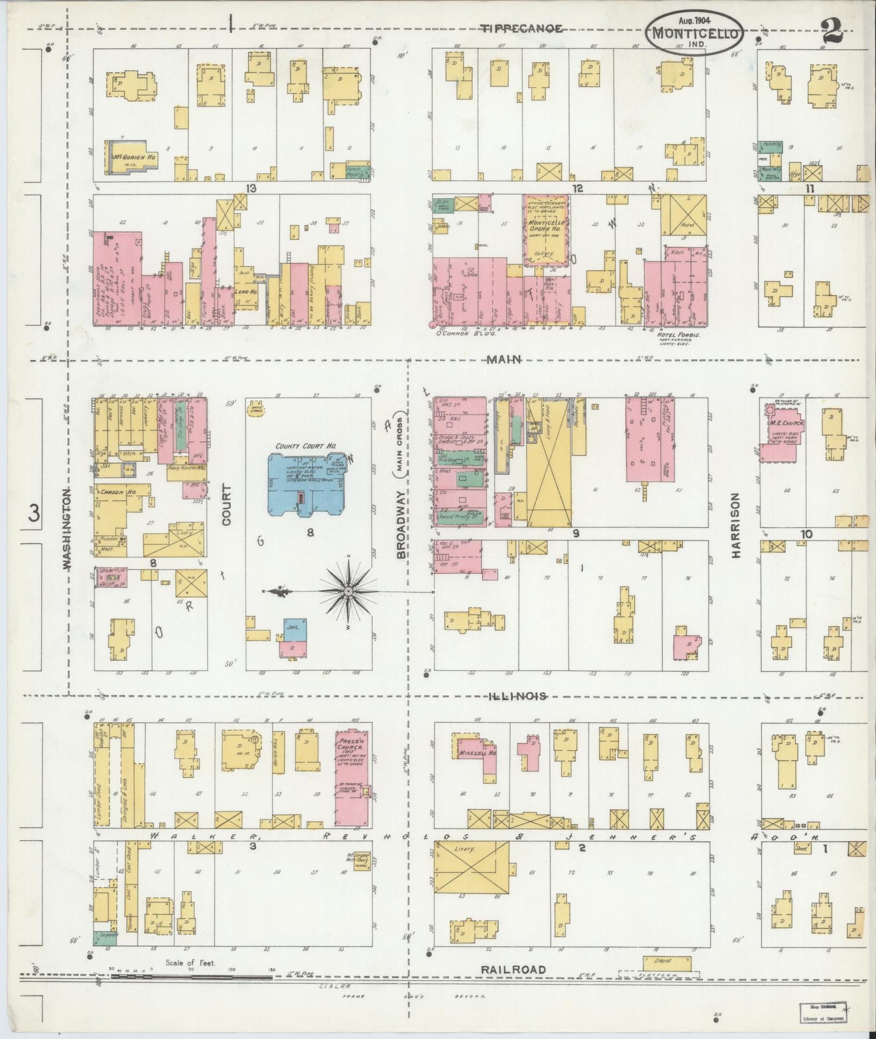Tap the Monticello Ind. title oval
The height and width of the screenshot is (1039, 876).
tap(696, 34)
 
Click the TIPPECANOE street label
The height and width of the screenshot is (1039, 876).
tap(522, 28)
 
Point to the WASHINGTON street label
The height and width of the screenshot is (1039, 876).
tap(67, 529)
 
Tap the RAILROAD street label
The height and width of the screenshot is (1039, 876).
tap(513, 970)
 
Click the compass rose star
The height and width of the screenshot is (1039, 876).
tap(348, 590)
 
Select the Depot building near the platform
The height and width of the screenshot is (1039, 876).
tap(666, 962)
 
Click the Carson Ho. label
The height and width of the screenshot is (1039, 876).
tap(116, 492)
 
